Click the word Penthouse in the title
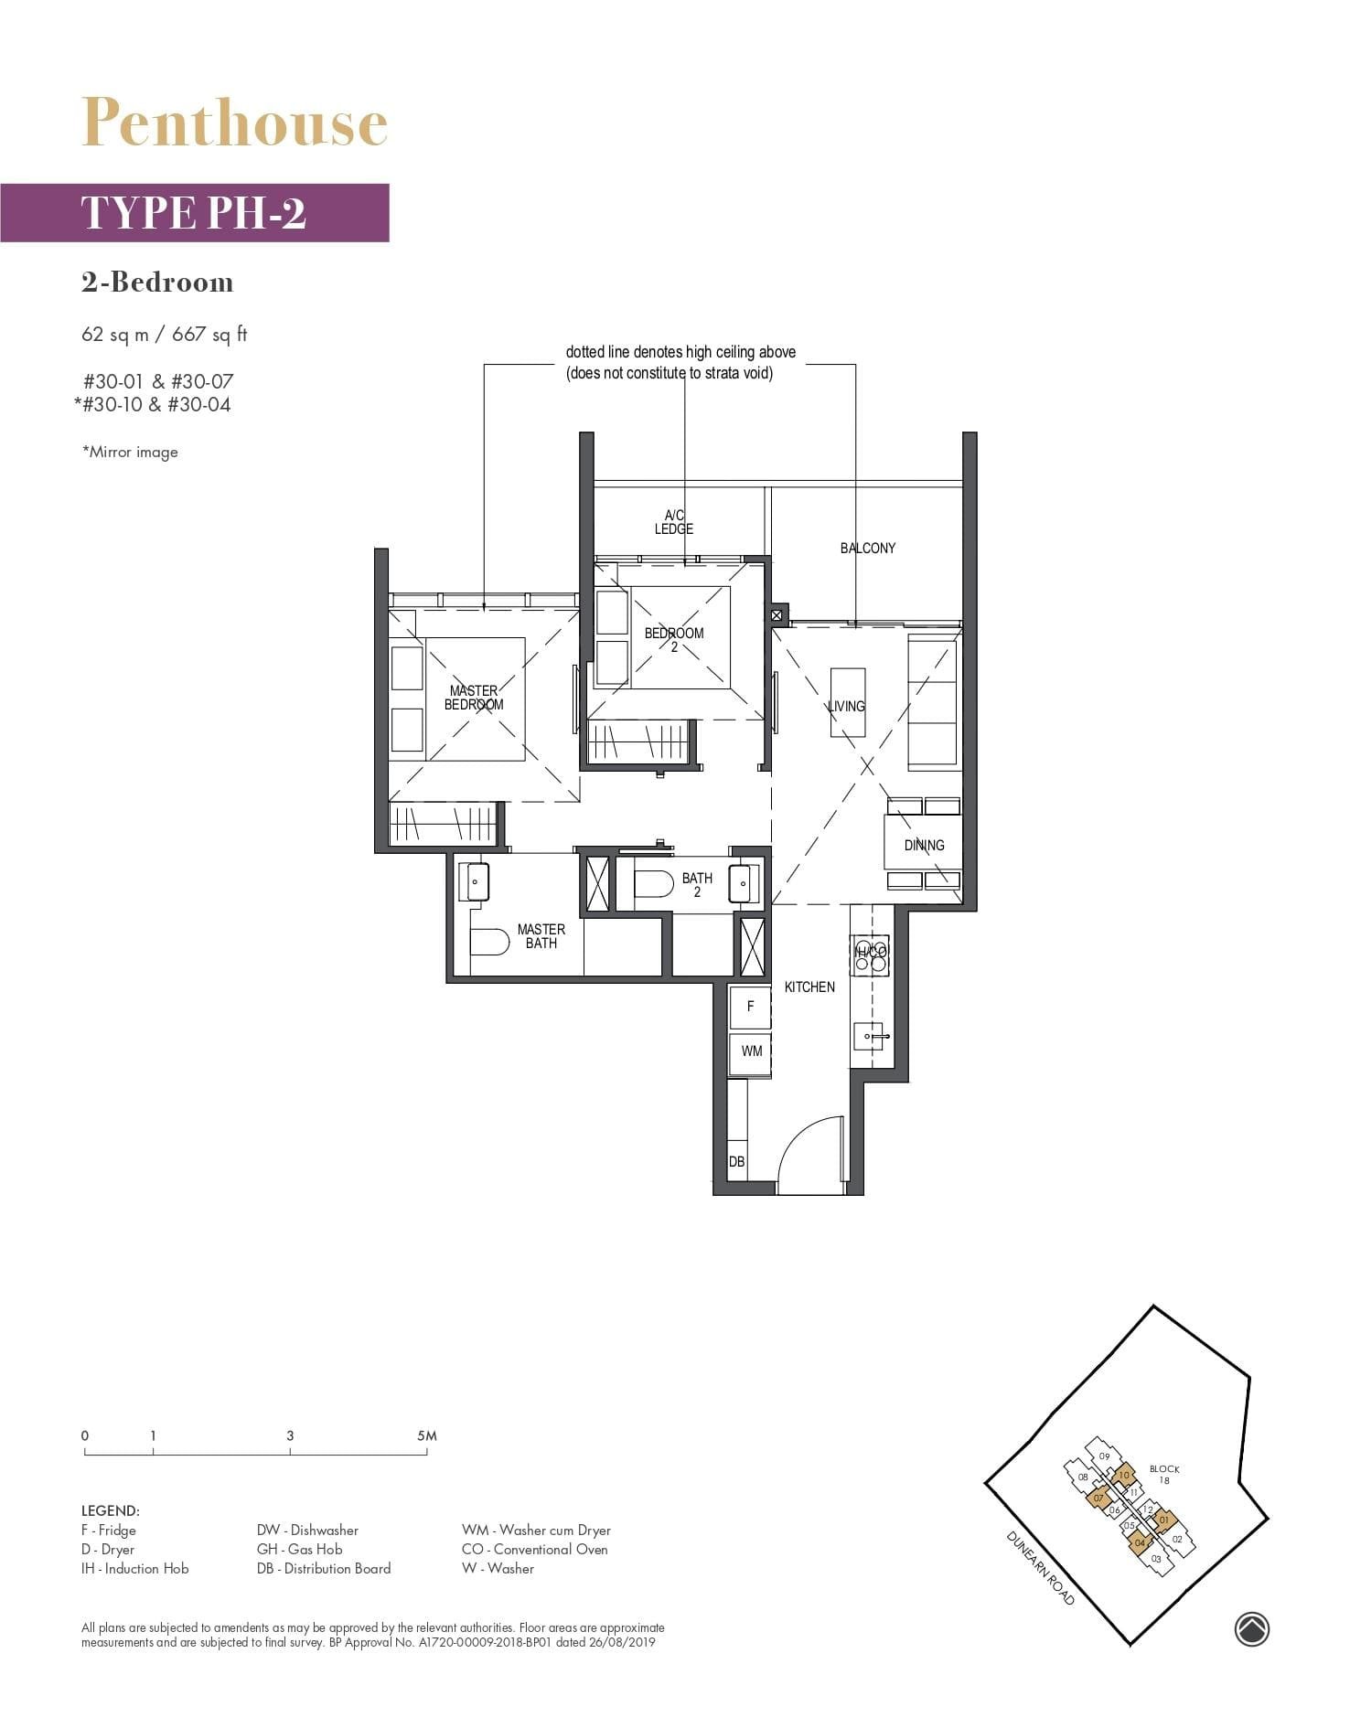[x=234, y=123]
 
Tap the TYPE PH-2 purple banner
[x=194, y=213]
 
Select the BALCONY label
[x=867, y=548]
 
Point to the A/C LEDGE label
[x=674, y=522]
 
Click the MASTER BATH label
[x=541, y=935]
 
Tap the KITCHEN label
[x=809, y=987]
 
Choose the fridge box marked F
[x=751, y=1006]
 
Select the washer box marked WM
[x=751, y=1051]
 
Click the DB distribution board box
[x=736, y=1161]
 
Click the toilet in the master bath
[x=490, y=942]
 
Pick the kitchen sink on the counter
[x=869, y=1036]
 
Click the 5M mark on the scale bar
[x=426, y=1436]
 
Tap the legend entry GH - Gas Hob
[x=299, y=1549]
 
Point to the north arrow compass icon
[x=1251, y=1628]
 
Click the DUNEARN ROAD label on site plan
[x=1040, y=1567]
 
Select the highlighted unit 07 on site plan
[x=1098, y=1499]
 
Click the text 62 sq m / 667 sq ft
[x=165, y=334]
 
